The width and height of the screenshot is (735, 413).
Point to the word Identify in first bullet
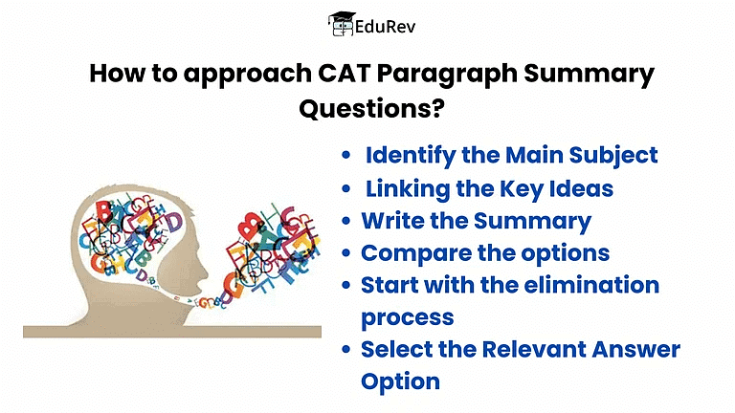[x=410, y=155]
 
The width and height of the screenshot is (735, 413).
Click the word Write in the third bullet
[x=390, y=221]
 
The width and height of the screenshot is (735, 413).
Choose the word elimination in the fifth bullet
[x=583, y=285]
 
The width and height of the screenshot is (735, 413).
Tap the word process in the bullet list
[x=407, y=317]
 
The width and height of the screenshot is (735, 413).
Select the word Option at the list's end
[x=400, y=381]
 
